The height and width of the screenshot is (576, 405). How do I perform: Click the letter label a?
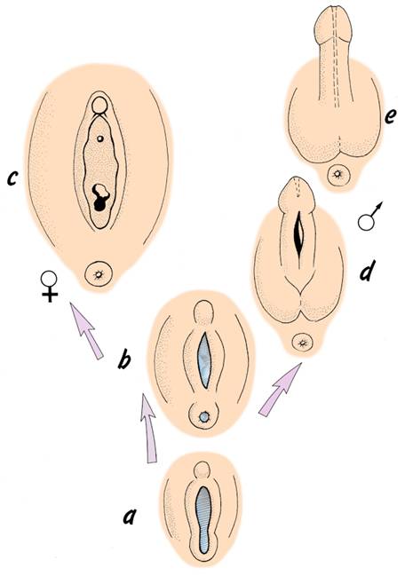[130, 517]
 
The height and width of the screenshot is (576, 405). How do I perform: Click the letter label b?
[124, 359]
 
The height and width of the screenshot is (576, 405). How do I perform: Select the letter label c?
[12, 178]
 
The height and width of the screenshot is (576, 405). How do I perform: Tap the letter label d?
[367, 271]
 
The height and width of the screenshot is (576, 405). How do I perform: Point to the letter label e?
[390, 117]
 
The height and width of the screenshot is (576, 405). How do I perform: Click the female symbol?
[50, 286]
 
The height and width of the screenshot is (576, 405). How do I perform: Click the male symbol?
[369, 217]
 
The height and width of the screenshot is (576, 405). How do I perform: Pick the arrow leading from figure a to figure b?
[148, 428]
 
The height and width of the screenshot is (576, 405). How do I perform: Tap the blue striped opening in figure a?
[203, 519]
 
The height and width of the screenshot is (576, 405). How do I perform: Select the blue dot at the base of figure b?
[203, 416]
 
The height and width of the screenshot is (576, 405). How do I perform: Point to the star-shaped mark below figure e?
[337, 173]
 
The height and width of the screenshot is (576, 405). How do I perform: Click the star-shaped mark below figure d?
[303, 343]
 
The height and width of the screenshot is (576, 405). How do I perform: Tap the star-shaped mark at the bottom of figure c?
[98, 274]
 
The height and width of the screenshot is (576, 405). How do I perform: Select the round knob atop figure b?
[203, 312]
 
